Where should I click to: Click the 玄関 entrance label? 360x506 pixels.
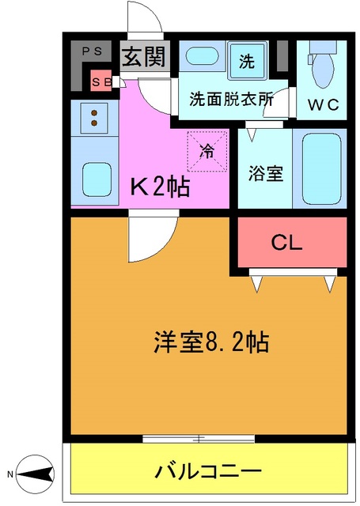(142, 58)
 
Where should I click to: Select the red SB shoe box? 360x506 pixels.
(101, 81)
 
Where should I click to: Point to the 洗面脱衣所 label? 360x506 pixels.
(231, 100)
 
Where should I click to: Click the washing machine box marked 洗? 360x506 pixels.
(246, 59)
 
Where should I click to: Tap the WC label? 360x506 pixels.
(324, 103)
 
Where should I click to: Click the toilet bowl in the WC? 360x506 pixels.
(323, 70)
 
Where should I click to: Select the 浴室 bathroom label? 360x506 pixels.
(265, 173)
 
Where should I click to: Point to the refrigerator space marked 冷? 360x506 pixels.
(206, 150)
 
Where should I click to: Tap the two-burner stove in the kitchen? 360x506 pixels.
(94, 118)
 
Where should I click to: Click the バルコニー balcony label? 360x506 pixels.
(208, 471)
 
